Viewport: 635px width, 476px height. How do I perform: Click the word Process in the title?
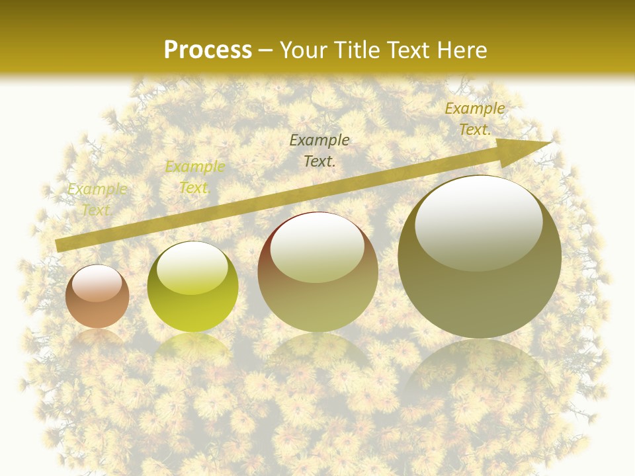(x=208, y=50)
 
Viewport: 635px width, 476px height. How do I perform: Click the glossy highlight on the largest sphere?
(x=478, y=221)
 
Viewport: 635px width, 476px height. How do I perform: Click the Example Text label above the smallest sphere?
(x=97, y=200)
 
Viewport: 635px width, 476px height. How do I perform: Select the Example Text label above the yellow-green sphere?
(x=194, y=177)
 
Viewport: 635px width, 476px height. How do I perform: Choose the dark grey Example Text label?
(x=319, y=150)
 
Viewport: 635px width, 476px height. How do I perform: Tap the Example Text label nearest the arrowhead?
(x=475, y=119)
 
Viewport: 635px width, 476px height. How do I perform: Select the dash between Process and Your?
(x=266, y=50)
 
